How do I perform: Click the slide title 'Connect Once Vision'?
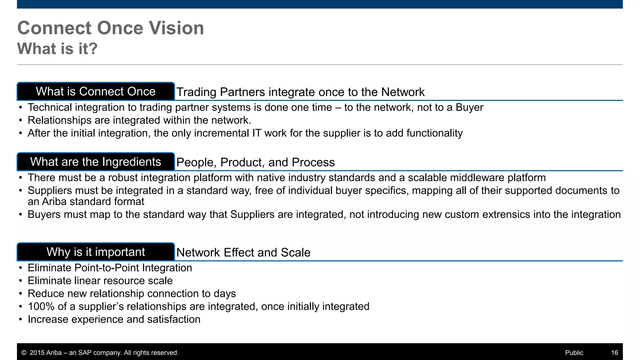click(x=111, y=28)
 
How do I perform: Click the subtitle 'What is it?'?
click(x=57, y=49)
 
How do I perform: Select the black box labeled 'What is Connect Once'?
click(x=96, y=92)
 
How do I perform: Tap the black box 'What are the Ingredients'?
click(x=96, y=162)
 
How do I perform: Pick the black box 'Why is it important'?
click(x=96, y=252)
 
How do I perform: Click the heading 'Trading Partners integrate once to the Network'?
click(x=300, y=92)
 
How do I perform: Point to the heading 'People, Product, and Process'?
click(x=255, y=162)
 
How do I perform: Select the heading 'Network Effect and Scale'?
click(x=243, y=252)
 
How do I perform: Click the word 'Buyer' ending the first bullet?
click(x=469, y=107)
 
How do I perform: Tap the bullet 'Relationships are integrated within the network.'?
click(x=139, y=120)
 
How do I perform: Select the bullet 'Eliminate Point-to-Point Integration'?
click(x=110, y=268)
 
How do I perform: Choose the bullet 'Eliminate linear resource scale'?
click(x=100, y=281)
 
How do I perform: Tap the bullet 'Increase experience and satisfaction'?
click(x=114, y=319)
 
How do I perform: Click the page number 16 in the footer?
click(x=614, y=353)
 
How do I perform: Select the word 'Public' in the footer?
click(x=574, y=353)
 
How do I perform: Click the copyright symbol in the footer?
click(x=24, y=353)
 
